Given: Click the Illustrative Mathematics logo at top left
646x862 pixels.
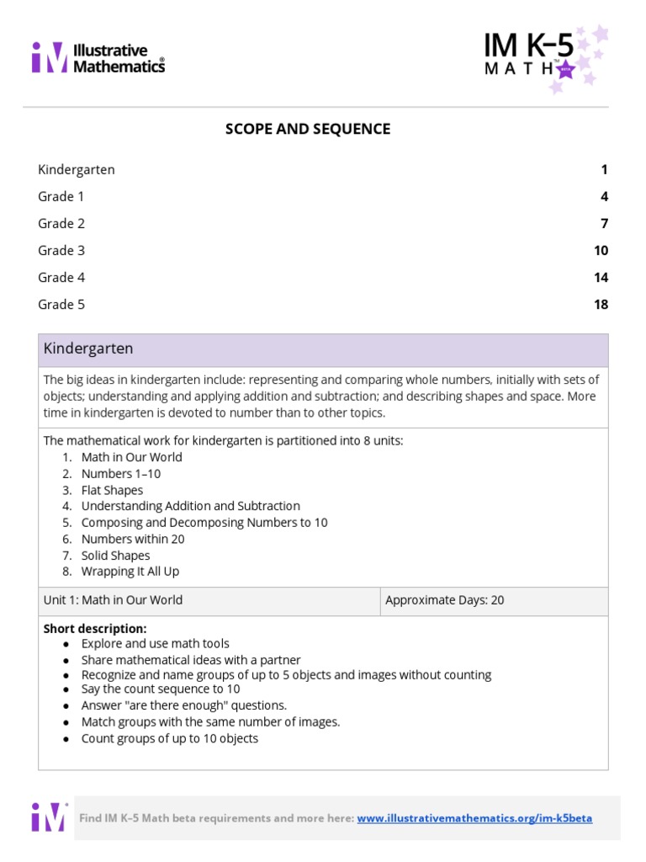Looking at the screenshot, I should coord(98,58).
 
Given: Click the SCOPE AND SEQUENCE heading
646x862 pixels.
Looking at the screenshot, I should coord(308,129).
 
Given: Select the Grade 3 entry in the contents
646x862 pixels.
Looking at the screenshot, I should coord(61,250).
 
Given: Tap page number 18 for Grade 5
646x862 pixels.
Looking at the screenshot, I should coord(601,304).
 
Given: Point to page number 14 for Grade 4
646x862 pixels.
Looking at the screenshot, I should coord(601,277).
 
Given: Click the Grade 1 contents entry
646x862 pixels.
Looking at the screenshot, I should coord(61,196).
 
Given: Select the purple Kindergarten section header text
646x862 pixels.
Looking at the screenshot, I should coord(88,349).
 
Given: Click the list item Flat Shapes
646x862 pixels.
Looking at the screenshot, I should coord(112,490).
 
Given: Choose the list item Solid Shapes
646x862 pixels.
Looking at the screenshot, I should coord(115,556).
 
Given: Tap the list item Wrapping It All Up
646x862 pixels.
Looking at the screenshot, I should coord(130,572).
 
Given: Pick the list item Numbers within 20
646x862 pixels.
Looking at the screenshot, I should coord(132,539).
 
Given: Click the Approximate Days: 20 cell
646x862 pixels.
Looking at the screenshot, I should coord(445,600).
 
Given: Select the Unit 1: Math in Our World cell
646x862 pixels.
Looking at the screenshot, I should coord(113,600).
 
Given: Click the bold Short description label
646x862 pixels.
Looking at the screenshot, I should coord(95,629).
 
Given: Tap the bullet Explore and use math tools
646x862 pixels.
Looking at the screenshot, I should coord(155,644).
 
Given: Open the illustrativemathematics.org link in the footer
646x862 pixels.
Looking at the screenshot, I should coord(474,818).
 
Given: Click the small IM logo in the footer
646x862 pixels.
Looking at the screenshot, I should coord(49,817).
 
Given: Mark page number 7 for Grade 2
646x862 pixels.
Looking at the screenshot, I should coord(604,223).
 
